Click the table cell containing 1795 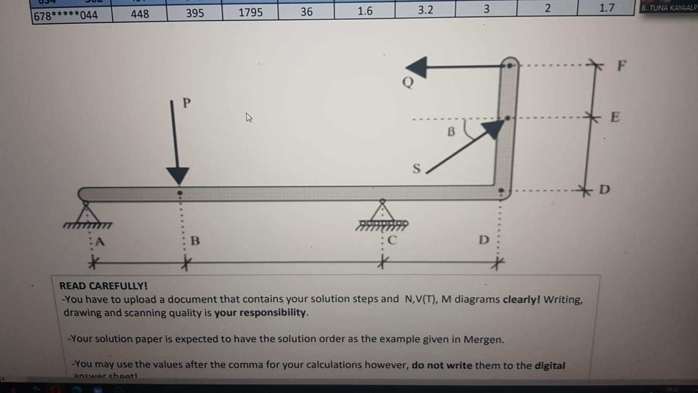[250, 12]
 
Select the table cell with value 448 [140, 14]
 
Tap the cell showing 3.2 [425, 10]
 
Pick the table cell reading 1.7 [606, 7]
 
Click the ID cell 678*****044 [66, 16]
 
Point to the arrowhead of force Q [417, 67]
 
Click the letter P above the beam [187, 103]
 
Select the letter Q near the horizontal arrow [408, 82]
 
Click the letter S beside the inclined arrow [416, 169]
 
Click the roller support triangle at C [382, 211]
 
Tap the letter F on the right [622, 65]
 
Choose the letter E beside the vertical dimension [615, 117]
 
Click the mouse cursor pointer [249, 117]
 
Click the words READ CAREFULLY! [103, 286]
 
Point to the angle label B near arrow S [451, 131]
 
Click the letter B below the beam [195, 241]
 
